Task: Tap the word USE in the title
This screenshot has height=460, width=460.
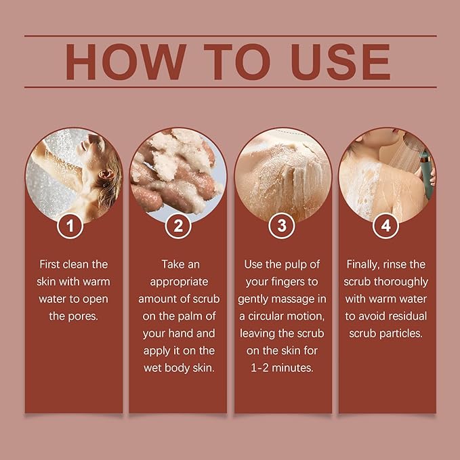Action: click(341, 62)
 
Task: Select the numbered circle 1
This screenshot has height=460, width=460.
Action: click(70, 226)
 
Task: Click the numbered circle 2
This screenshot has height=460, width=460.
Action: click(178, 226)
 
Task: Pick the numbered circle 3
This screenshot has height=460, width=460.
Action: click(282, 226)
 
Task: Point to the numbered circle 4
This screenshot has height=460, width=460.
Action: click(385, 226)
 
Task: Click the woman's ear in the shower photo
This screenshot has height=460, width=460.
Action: click(106, 175)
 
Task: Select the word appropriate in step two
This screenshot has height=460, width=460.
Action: click(179, 283)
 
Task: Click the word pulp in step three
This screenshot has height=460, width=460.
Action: click(293, 265)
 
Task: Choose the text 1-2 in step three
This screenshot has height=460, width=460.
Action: click(259, 368)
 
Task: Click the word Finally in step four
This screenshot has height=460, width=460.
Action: click(363, 265)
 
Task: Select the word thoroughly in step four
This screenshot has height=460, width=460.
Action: click(401, 282)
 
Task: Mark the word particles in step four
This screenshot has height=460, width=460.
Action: click(401, 333)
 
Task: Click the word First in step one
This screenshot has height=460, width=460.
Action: click(50, 264)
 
